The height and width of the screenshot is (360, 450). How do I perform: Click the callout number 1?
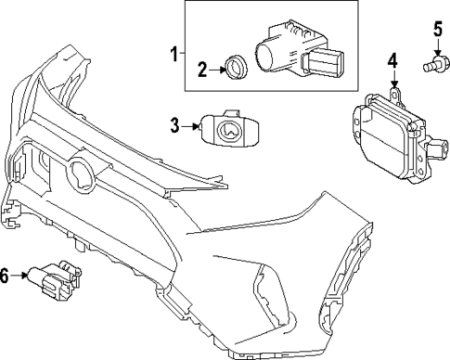[x=172, y=53]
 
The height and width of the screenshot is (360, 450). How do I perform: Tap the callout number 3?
[x=175, y=123]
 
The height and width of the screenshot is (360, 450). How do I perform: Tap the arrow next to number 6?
[x=25, y=274]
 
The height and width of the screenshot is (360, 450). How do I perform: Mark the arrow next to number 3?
[x=191, y=124]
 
